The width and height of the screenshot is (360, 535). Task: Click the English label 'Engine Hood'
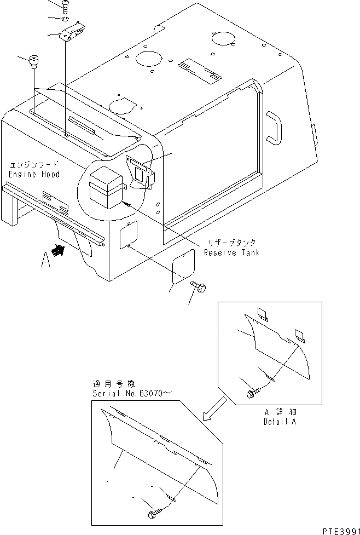point(34,174)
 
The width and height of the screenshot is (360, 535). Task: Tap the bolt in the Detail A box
point(254,393)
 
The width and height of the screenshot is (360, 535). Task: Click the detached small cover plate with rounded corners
point(183,266)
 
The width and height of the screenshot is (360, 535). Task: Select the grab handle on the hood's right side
point(274,126)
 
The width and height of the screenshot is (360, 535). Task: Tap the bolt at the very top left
point(66,7)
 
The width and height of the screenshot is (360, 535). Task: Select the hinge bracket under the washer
point(73,35)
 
